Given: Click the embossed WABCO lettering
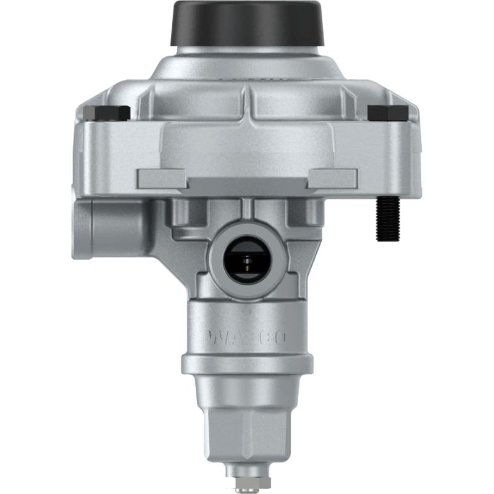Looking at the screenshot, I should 246,337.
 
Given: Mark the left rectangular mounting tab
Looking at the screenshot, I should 162,178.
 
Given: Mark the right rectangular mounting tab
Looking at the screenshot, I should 332,178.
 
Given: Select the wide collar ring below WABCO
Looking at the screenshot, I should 246,364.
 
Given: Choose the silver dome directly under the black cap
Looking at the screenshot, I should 246,65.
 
